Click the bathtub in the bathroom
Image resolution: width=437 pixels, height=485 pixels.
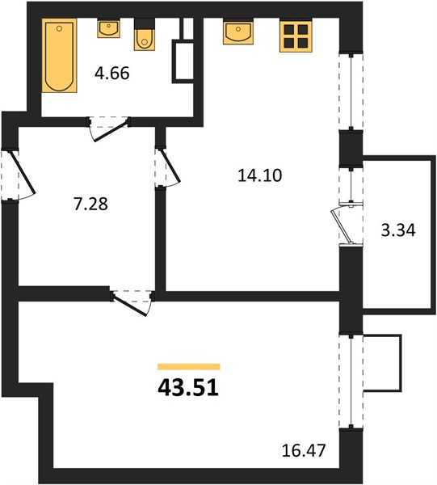tap(59, 55)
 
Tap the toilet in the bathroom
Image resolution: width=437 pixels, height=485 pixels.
tap(144, 35)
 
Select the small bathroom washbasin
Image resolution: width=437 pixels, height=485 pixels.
tap(108, 28)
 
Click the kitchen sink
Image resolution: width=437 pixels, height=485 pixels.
tap(238, 32)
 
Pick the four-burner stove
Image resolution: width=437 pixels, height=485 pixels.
tap(296, 36)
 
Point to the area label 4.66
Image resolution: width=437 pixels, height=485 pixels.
tap(112, 74)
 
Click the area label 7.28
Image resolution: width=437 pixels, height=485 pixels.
tap(90, 205)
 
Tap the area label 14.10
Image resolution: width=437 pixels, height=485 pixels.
tap(260, 175)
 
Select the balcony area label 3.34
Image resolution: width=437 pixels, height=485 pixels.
tap(398, 230)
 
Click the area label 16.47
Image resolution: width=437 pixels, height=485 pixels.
tap(304, 450)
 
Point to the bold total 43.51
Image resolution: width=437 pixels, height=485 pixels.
tap(188, 388)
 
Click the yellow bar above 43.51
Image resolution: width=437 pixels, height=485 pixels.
tap(189, 367)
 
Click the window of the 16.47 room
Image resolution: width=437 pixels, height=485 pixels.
tap(351, 382)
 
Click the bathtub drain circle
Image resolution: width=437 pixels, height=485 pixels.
tap(59, 28)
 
